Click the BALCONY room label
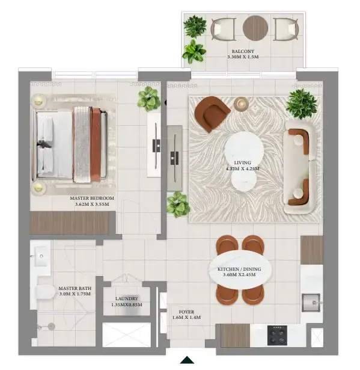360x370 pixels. click(x=243, y=51)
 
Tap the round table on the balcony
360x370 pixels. click(x=255, y=28)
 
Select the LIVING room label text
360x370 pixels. click(x=242, y=162)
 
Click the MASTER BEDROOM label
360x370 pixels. click(x=92, y=198)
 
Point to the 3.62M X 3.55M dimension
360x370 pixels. click(x=92, y=204)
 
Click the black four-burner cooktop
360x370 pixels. click(x=277, y=335)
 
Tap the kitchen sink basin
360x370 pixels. click(x=311, y=303)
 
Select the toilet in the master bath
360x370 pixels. click(x=45, y=292)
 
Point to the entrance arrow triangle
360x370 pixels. click(x=187, y=360)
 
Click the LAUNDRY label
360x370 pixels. click(x=127, y=299)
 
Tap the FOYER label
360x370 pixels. click(x=186, y=312)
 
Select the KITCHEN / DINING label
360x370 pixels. click(x=239, y=269)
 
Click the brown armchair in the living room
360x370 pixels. click(x=211, y=114)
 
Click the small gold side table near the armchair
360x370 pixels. click(x=241, y=103)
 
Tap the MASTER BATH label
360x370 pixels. click(x=75, y=288)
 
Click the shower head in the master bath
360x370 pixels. click(x=52, y=327)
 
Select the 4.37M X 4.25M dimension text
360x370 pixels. click(x=243, y=168)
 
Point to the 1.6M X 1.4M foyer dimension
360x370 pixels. click(x=186, y=318)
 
